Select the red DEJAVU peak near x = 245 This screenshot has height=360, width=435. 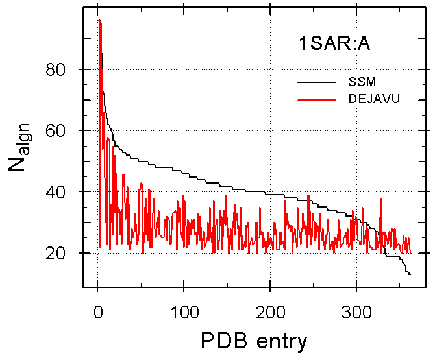(x=309, y=195)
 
